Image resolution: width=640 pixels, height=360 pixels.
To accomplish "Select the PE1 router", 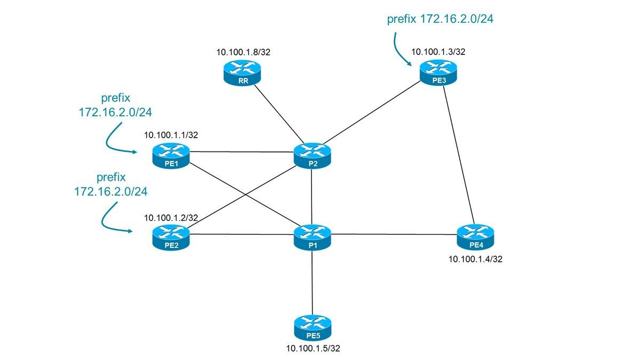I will click(x=171, y=155).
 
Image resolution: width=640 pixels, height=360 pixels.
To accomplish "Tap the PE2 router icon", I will click(x=171, y=237).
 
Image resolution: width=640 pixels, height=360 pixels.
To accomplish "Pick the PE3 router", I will click(x=438, y=71).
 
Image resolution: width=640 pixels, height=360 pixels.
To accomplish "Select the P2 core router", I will click(x=312, y=155).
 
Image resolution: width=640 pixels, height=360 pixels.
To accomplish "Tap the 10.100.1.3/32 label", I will click(x=438, y=52).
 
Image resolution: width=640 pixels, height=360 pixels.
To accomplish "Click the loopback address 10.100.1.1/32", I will click(x=171, y=135).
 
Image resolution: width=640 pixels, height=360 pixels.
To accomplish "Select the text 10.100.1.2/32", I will click(x=171, y=218).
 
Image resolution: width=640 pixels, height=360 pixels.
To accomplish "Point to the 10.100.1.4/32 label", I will click(x=476, y=259).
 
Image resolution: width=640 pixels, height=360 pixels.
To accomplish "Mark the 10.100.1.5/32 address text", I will click(x=313, y=349).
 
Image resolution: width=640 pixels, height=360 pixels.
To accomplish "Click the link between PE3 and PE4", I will click(x=458, y=155).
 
